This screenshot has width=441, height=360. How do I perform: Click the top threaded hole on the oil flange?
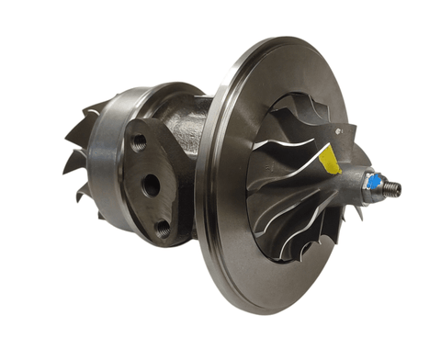(x=139, y=143)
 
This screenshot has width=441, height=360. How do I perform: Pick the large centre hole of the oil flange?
(x=151, y=185)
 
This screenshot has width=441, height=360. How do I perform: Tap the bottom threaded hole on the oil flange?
(x=163, y=227)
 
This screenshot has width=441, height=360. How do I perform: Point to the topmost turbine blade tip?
(x=100, y=103)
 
